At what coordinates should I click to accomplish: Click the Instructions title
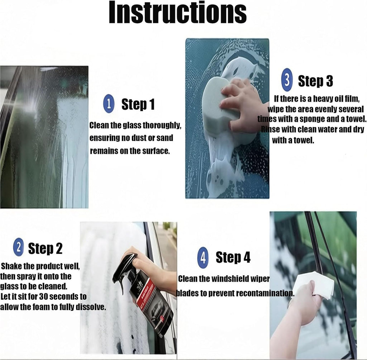coord(178,13)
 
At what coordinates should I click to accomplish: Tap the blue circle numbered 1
coord(109,104)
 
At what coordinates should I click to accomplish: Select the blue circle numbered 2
coord(19,247)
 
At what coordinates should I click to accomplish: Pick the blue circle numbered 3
coord(287,80)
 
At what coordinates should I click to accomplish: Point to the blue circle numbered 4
coord(203,258)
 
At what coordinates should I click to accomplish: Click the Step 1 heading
coord(138,104)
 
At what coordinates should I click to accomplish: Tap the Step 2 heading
coord(45,248)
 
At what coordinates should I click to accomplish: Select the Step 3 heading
coord(315,81)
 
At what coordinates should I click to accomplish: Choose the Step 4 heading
coord(233,257)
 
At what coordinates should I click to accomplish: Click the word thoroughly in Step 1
coord(162,125)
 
